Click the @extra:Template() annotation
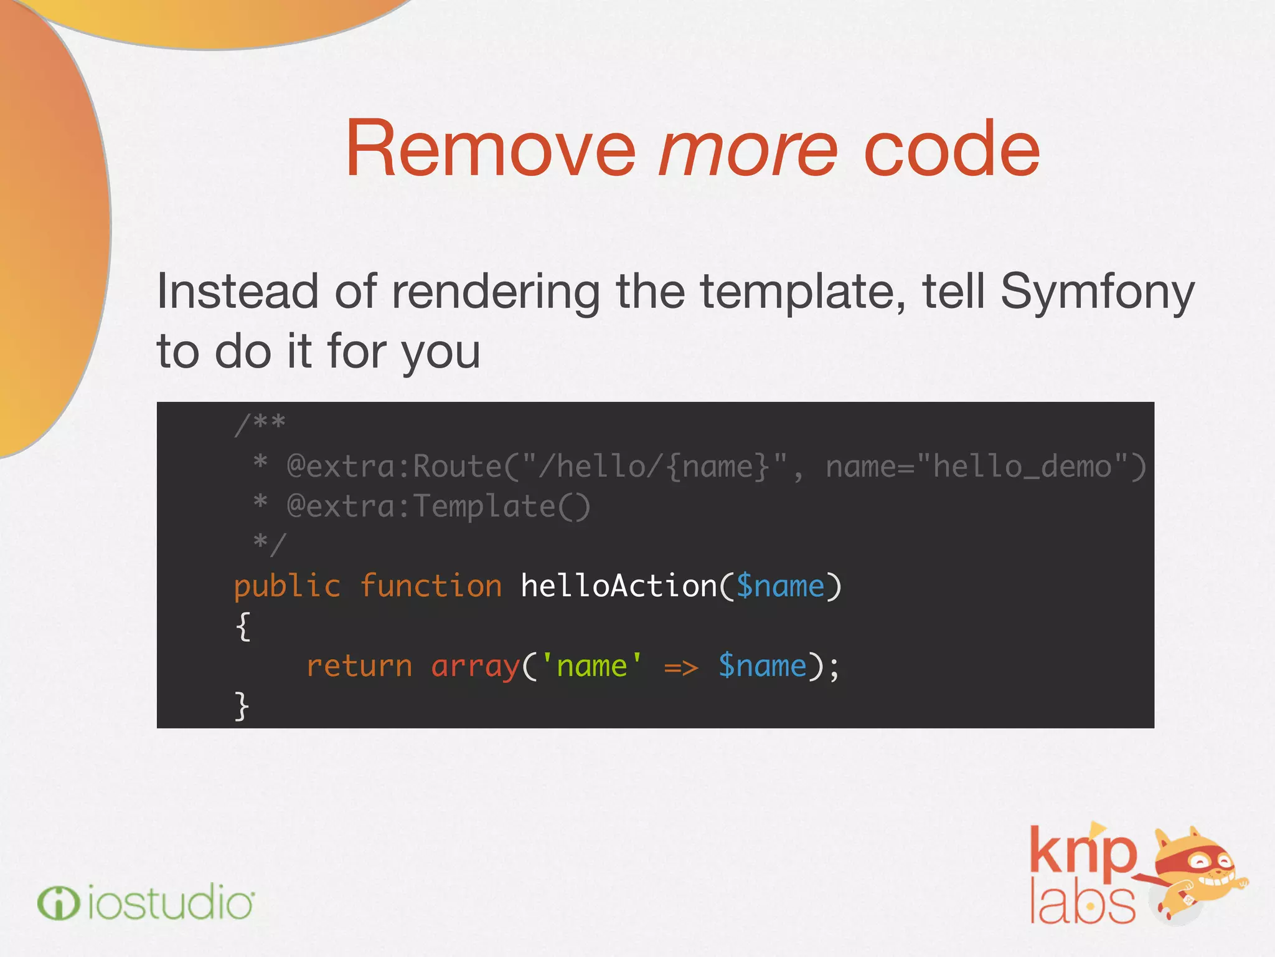tap(438, 506)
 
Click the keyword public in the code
tap(287, 586)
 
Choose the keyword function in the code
tap(431, 586)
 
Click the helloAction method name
tap(618, 586)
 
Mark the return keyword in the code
tap(359, 666)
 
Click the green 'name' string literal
tap(591, 666)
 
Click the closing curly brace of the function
tap(242, 706)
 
